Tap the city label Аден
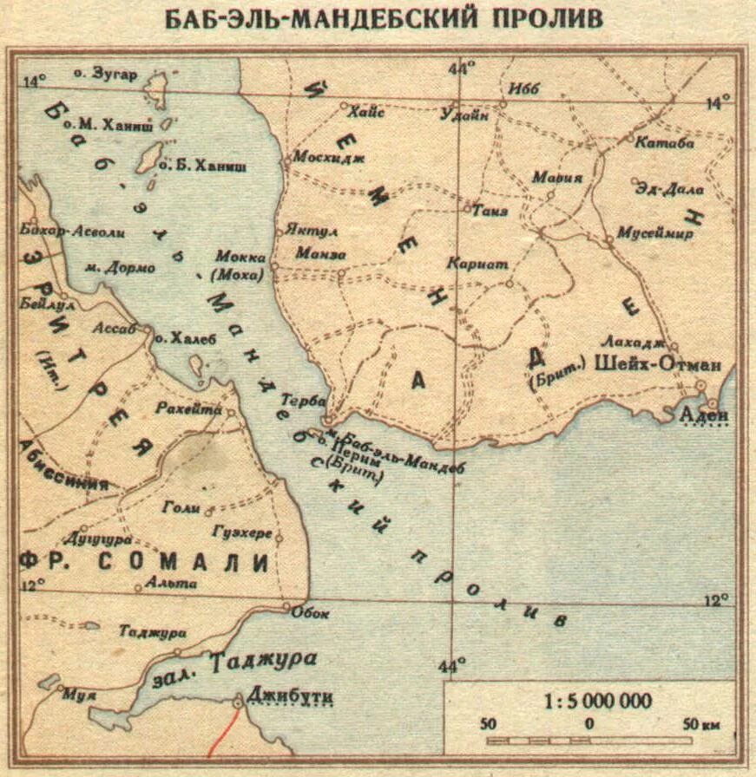pos(704,417)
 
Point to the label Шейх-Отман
pos(657,365)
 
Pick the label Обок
pos(311,613)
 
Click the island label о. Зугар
pos(106,75)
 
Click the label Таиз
pos(491,211)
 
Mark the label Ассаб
pos(120,330)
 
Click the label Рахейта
pos(189,408)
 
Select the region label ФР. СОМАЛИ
pos(143,562)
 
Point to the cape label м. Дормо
pos(120,268)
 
